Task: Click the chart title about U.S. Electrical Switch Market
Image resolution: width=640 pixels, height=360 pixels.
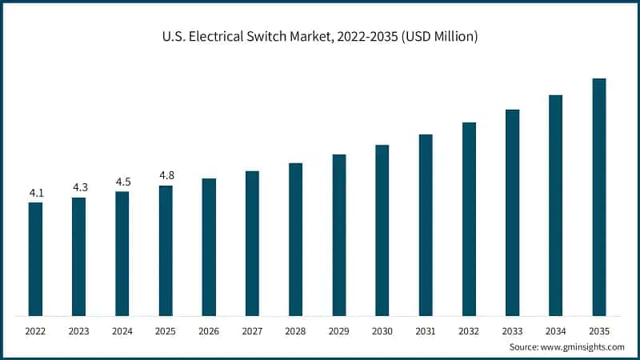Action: [320, 37]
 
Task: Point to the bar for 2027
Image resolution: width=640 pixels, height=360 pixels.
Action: [252, 243]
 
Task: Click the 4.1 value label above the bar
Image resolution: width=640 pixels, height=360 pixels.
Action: [35, 192]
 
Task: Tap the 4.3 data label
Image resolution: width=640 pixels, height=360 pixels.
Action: [79, 187]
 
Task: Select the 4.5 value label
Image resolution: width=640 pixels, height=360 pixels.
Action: [122, 182]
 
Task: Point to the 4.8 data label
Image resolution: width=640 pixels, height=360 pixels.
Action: [166, 175]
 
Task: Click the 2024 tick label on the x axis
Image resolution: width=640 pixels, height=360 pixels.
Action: [122, 330]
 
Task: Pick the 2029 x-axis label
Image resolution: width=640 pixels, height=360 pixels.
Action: [339, 330]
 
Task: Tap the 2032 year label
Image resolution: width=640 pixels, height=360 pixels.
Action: [469, 330]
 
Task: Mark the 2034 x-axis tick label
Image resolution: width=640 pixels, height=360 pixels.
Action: [555, 330]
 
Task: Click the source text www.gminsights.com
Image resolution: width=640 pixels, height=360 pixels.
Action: [566, 347]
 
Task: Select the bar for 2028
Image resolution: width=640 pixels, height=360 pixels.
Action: [296, 239]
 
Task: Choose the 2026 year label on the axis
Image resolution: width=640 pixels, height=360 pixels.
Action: [209, 330]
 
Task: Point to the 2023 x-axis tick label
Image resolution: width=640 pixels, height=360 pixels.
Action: [79, 330]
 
